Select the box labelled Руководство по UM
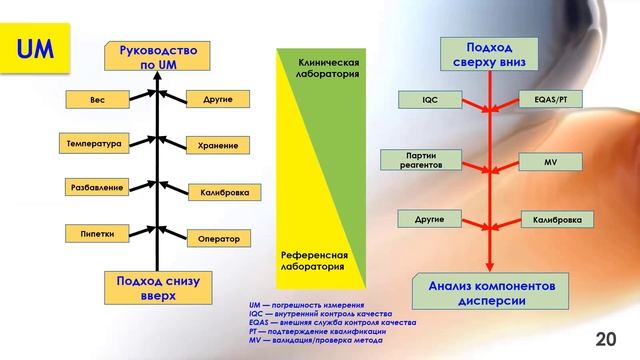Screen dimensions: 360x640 pos(158,56)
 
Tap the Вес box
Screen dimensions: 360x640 pos(97,101)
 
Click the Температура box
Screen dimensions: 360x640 pos(93,143)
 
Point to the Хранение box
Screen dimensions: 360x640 pos(217,145)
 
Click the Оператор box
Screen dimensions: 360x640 pos(217,239)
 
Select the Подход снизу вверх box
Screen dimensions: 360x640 pos(158,289)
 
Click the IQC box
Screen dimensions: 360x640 pos(431,100)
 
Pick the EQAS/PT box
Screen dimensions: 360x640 pos(550,100)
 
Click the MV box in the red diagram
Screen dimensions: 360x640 pos(550,160)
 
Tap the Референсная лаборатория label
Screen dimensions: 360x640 pos(313,262)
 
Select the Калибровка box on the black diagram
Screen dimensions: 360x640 pos(217,192)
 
